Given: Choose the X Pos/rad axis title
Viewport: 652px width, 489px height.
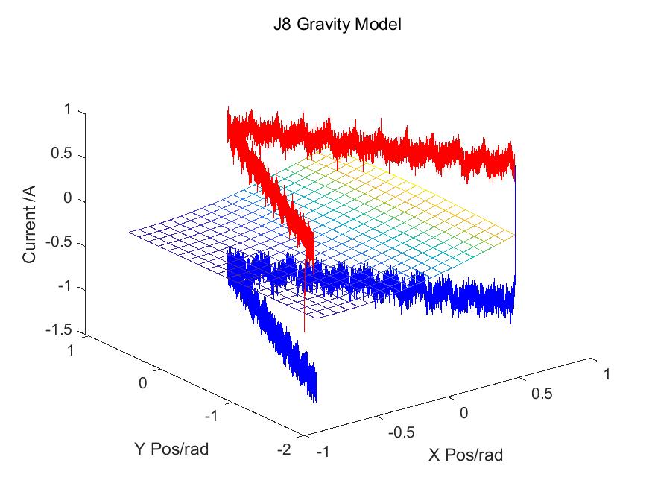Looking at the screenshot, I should tap(465, 455).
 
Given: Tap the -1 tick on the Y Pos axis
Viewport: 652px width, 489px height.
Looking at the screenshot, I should tap(210, 415).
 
